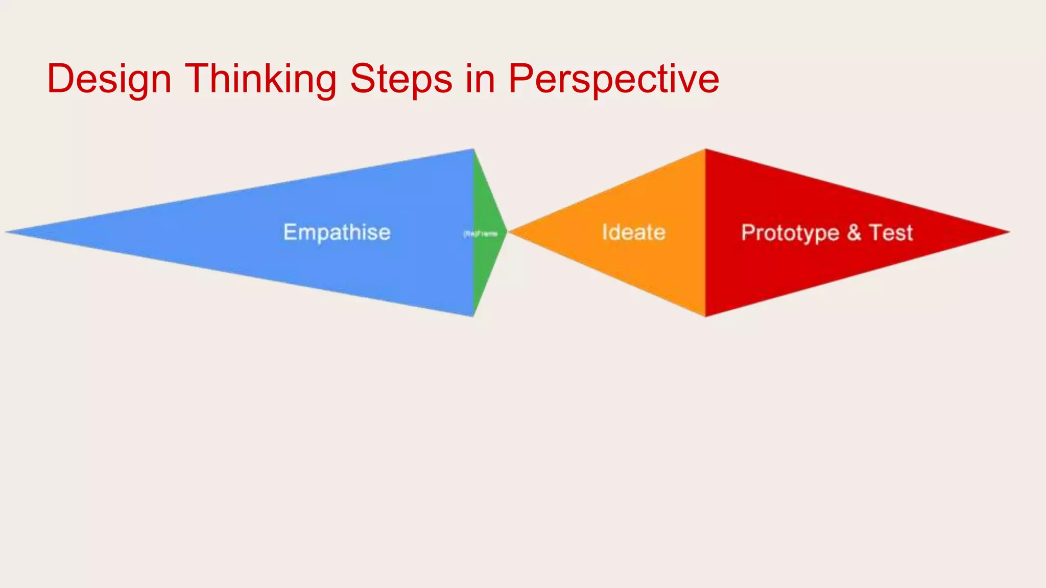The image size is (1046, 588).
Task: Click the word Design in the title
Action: (109, 79)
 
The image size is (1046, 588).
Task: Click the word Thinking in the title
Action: (260, 79)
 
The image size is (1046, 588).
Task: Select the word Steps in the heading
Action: (401, 79)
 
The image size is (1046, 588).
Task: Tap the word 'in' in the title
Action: (480, 79)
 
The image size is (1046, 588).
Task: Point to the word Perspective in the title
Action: (613, 79)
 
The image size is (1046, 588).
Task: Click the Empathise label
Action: (337, 232)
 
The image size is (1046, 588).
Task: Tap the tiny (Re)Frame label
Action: (480, 234)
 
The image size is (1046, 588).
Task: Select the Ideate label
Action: (633, 232)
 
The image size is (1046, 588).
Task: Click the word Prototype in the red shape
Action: (790, 233)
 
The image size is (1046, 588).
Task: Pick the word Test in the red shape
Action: (891, 233)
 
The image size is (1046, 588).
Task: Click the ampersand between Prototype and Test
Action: (854, 233)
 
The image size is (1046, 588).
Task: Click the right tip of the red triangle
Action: (1009, 232)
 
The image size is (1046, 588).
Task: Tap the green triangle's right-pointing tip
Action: (506, 232)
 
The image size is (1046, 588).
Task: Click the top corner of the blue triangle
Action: (473, 150)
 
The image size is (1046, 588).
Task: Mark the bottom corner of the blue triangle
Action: (473, 316)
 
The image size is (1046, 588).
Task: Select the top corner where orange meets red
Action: (705, 150)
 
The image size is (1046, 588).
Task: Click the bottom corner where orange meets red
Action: (705, 316)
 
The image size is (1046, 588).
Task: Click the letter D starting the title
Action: (60, 79)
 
